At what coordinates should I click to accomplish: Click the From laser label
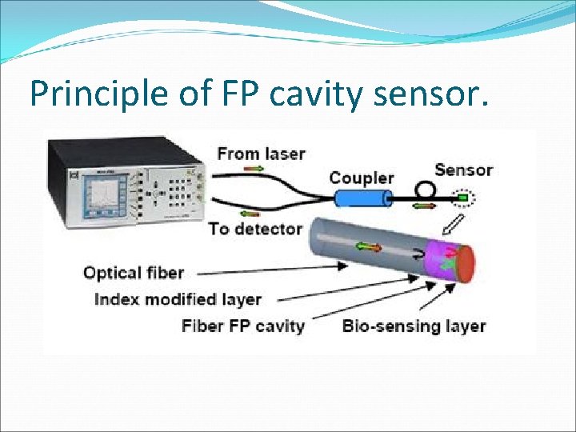pos(261,152)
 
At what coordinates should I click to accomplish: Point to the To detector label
pos(255,229)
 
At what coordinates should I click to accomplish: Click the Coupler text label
pos(362,178)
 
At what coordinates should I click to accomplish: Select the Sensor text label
pos(463,170)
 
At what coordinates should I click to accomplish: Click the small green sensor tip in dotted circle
pos(462,196)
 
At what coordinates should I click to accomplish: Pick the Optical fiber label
pos(133,273)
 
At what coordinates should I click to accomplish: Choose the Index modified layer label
pos(178,299)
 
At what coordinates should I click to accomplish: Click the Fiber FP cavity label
pos(243,326)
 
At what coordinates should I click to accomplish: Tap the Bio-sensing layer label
pos(414,326)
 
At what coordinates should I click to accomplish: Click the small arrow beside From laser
pos(257,169)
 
